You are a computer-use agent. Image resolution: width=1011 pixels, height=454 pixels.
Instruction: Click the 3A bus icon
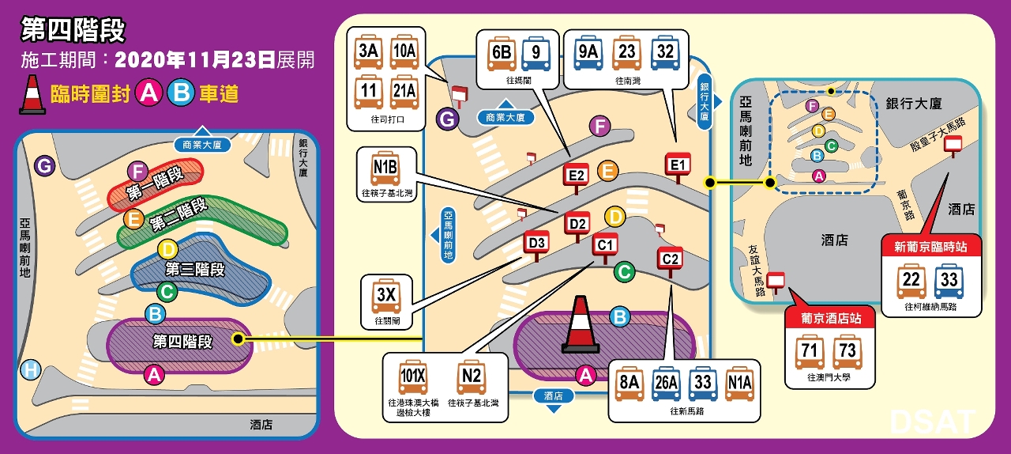(x=368, y=52)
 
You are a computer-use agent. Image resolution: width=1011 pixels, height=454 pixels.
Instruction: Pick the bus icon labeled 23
(x=627, y=53)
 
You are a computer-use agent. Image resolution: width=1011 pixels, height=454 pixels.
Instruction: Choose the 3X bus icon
(x=385, y=297)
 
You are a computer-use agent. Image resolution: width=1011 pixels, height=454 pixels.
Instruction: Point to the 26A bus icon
(x=666, y=384)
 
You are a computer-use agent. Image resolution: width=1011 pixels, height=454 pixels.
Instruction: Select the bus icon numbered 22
(x=912, y=282)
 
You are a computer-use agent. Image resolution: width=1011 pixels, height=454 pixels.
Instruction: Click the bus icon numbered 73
(x=844, y=353)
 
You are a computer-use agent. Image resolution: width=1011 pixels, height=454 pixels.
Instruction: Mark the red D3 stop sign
(x=537, y=242)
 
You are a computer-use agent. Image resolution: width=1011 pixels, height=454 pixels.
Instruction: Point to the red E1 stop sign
(x=677, y=164)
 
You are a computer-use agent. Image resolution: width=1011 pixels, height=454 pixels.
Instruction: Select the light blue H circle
(x=31, y=369)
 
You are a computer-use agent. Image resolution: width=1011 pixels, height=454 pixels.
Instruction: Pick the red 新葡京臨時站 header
(x=930, y=247)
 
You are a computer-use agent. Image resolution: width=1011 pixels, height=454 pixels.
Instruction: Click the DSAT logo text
(x=932, y=421)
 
